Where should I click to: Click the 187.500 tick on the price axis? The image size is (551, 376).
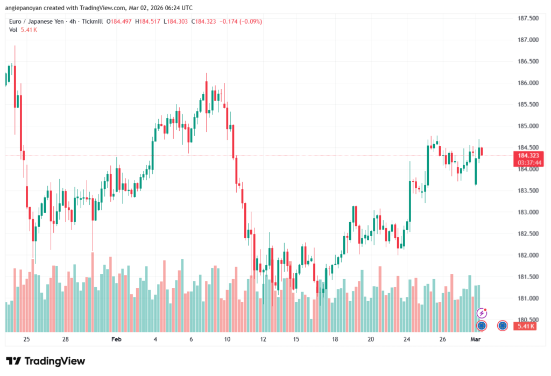(527, 18)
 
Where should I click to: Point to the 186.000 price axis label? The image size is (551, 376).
(527, 83)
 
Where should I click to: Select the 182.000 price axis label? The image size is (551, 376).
(527, 255)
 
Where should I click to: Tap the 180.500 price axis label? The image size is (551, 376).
(527, 320)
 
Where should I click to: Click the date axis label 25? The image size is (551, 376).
(26, 340)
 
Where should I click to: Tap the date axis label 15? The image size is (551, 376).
(296, 340)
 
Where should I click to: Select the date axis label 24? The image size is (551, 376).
(407, 340)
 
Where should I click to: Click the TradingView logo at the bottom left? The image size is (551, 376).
(45, 361)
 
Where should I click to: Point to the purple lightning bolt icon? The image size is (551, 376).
(483, 313)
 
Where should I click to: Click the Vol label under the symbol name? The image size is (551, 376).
(13, 30)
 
